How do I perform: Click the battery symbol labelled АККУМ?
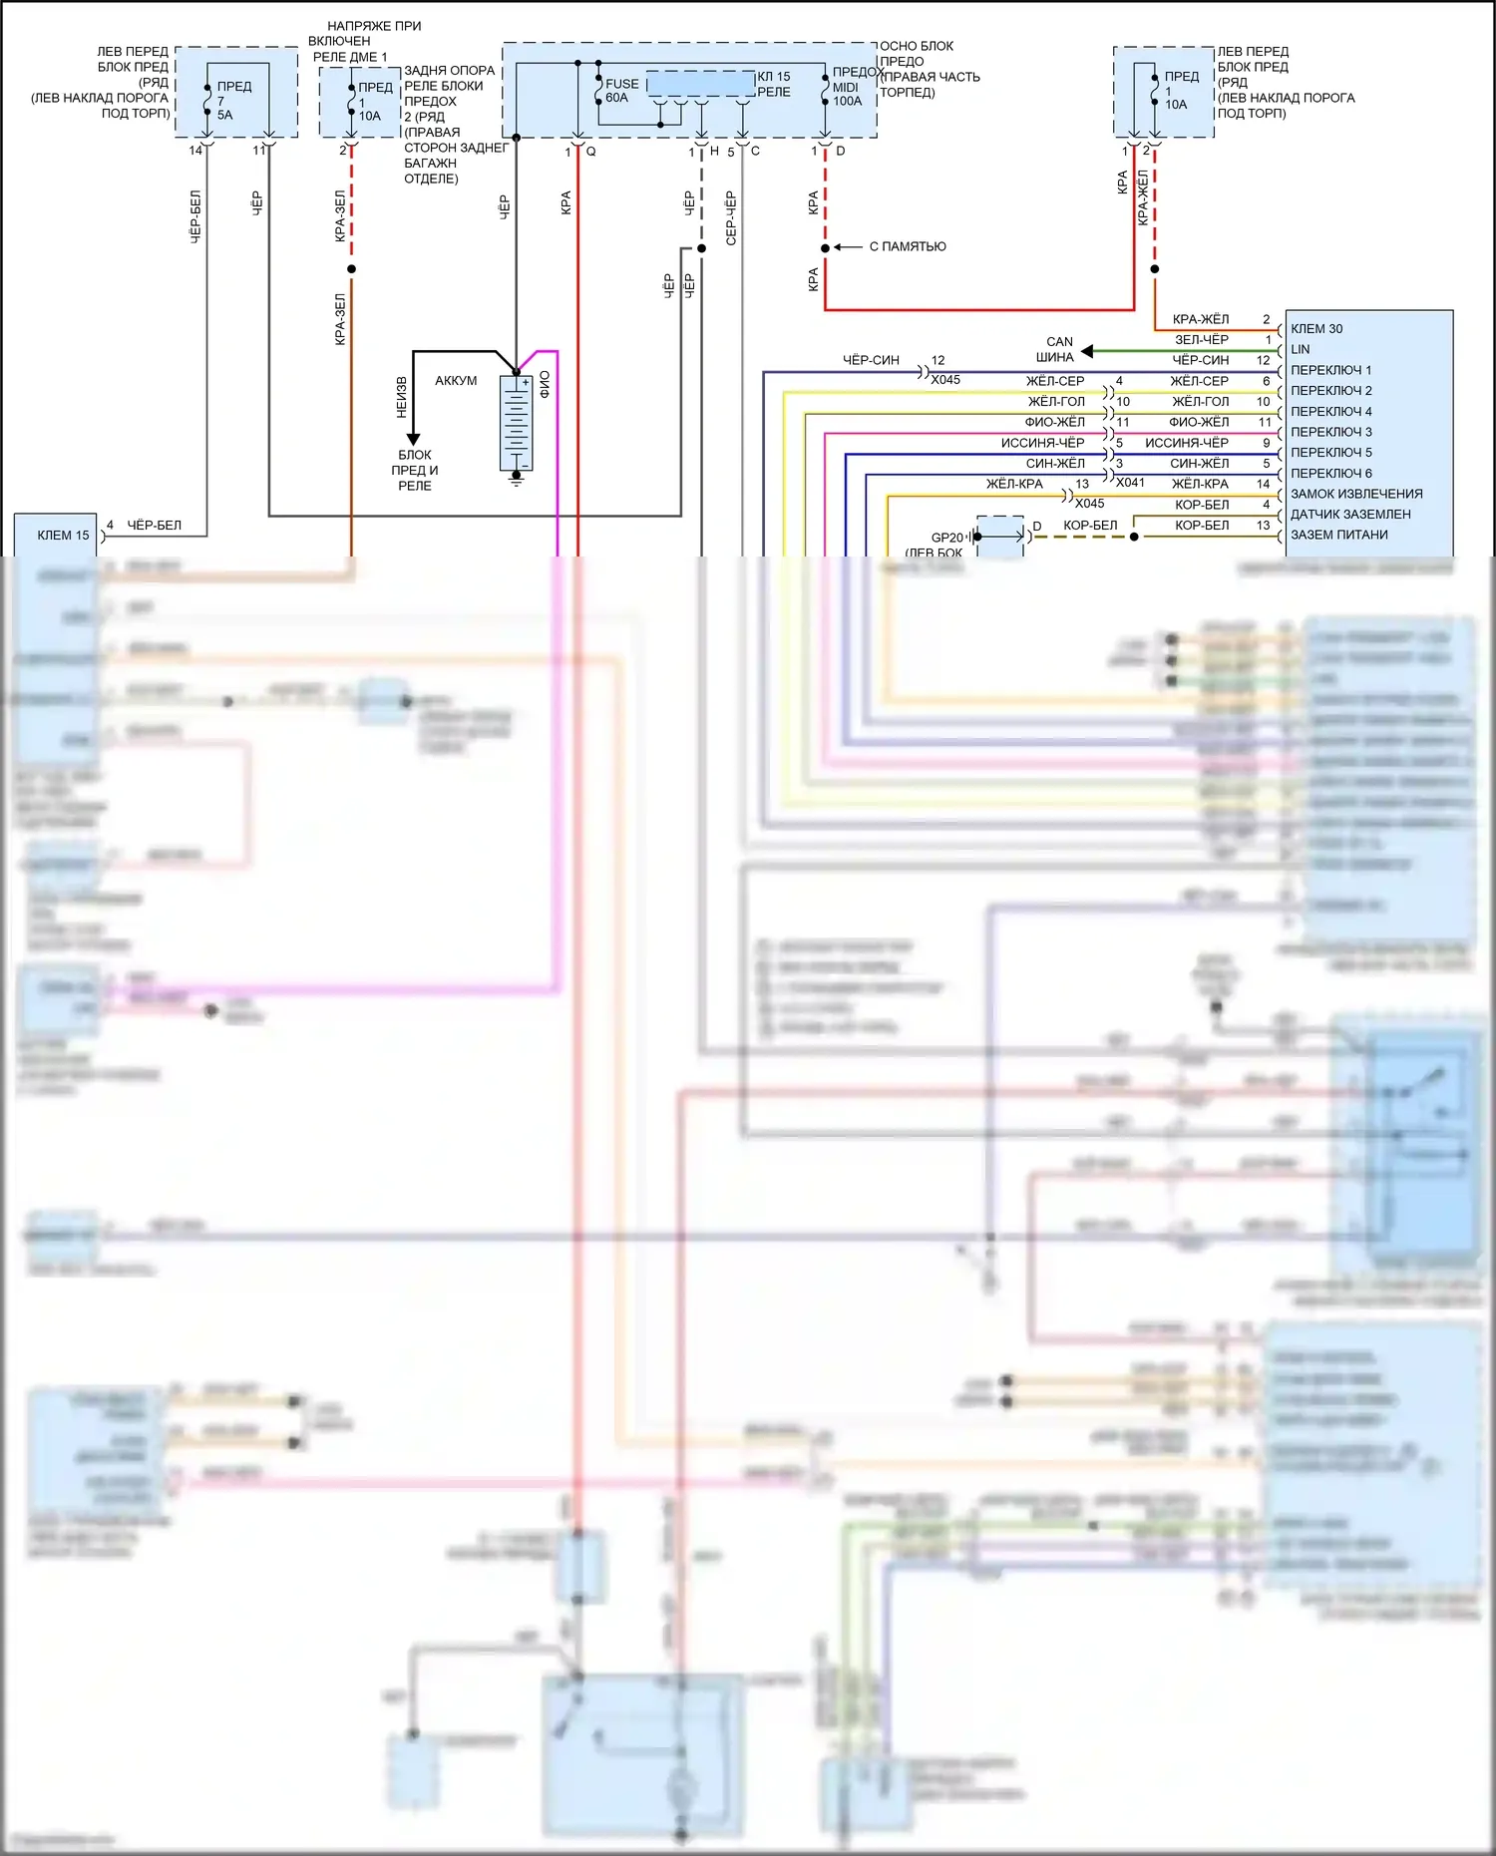pos(517,423)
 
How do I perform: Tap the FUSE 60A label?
pos(620,91)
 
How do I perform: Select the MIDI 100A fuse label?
pos(847,94)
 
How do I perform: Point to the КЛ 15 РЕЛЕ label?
pos(773,84)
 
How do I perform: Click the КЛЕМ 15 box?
pos(56,536)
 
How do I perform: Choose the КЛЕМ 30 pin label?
pos(1316,329)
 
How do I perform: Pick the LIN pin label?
pos(1301,349)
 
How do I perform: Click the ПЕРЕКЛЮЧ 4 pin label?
pos(1331,411)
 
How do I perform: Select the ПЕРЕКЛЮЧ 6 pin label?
pos(1331,473)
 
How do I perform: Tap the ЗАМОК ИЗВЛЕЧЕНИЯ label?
pos(1356,494)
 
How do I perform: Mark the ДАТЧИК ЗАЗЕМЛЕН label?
pos(1350,514)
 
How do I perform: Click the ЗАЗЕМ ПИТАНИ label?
pos(1339,535)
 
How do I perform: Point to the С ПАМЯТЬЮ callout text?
pos(908,246)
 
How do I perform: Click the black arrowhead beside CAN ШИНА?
pos(1087,351)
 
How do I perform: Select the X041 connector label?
pos(1130,483)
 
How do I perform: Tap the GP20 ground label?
pos(946,538)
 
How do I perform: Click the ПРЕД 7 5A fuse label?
pos(232,100)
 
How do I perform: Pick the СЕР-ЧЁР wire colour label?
pos(731,218)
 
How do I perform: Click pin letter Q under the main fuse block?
pos(590,152)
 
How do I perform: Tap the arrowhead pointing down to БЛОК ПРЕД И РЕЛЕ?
pos(413,439)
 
